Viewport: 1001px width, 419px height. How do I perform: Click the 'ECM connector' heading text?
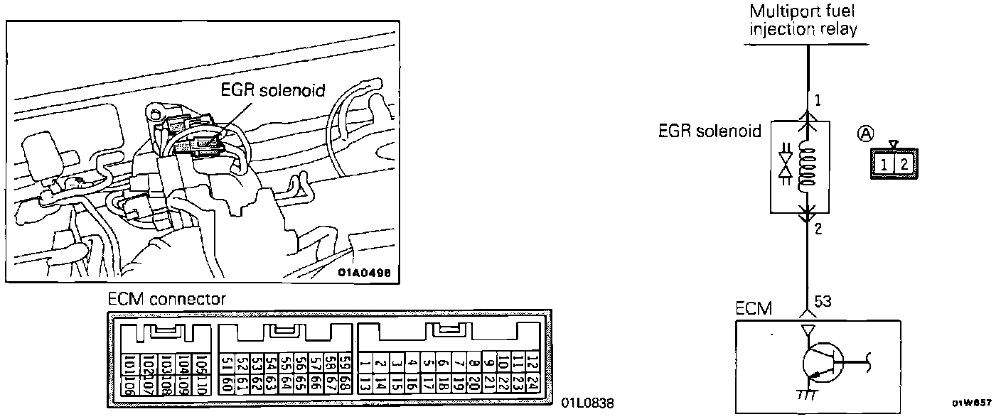point(166,299)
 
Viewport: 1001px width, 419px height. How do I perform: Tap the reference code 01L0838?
point(587,403)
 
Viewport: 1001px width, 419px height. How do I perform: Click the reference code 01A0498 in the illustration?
point(364,271)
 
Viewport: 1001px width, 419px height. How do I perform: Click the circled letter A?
point(865,132)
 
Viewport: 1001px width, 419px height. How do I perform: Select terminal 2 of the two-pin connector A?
point(903,165)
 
